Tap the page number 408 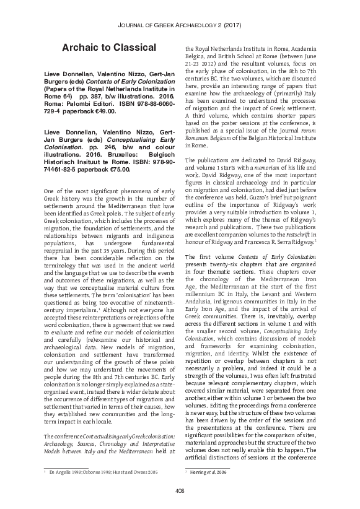click(180, 491)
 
